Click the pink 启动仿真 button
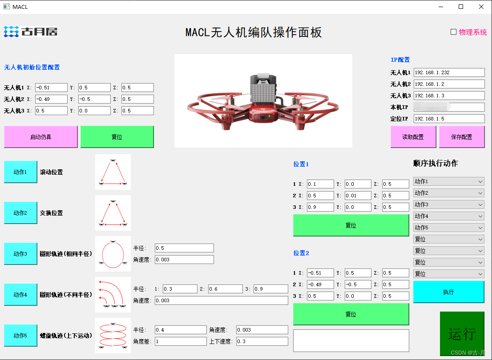pyautogui.click(x=41, y=137)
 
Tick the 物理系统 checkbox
pyautogui.click(x=454, y=32)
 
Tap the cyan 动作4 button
pyautogui.click(x=20, y=295)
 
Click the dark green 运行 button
pyautogui.click(x=462, y=333)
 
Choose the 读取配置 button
pyautogui.click(x=413, y=137)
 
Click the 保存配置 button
pyautogui.click(x=462, y=137)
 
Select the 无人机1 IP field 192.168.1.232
pyautogui.click(x=449, y=72)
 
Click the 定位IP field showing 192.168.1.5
pyautogui.click(x=449, y=119)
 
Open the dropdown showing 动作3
pyautogui.click(x=448, y=204)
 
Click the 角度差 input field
pyautogui.click(x=181, y=341)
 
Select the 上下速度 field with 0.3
pyautogui.click(x=262, y=341)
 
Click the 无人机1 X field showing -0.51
pyautogui.click(x=51, y=88)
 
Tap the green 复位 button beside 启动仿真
pyautogui.click(x=117, y=137)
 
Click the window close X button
pyautogui.click(x=481, y=7)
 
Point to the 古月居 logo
pyautogui.click(x=31, y=32)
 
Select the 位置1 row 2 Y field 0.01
pyautogui.click(x=358, y=196)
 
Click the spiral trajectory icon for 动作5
pyautogui.click(x=113, y=336)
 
